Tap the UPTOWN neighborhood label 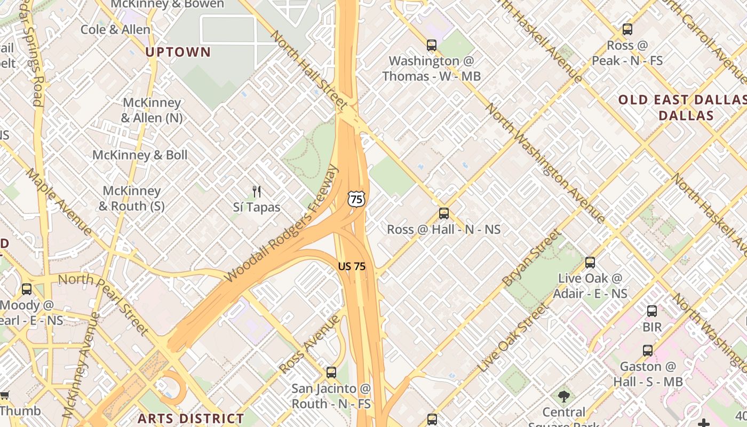click(x=178, y=52)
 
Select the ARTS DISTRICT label click(x=190, y=418)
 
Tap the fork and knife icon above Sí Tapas click(x=257, y=191)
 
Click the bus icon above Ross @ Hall click(x=443, y=213)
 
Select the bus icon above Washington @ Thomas click(x=431, y=45)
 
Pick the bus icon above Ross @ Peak click(x=627, y=30)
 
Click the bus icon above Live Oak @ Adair click(x=590, y=263)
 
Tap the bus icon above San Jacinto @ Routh click(x=331, y=373)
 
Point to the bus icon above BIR click(x=651, y=311)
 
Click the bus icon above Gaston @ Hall click(x=647, y=351)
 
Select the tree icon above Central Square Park click(x=563, y=396)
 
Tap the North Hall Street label click(x=309, y=69)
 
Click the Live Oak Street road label click(x=513, y=338)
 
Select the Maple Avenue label click(x=59, y=202)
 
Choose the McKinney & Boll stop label click(x=140, y=155)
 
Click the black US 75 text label click(x=352, y=266)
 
